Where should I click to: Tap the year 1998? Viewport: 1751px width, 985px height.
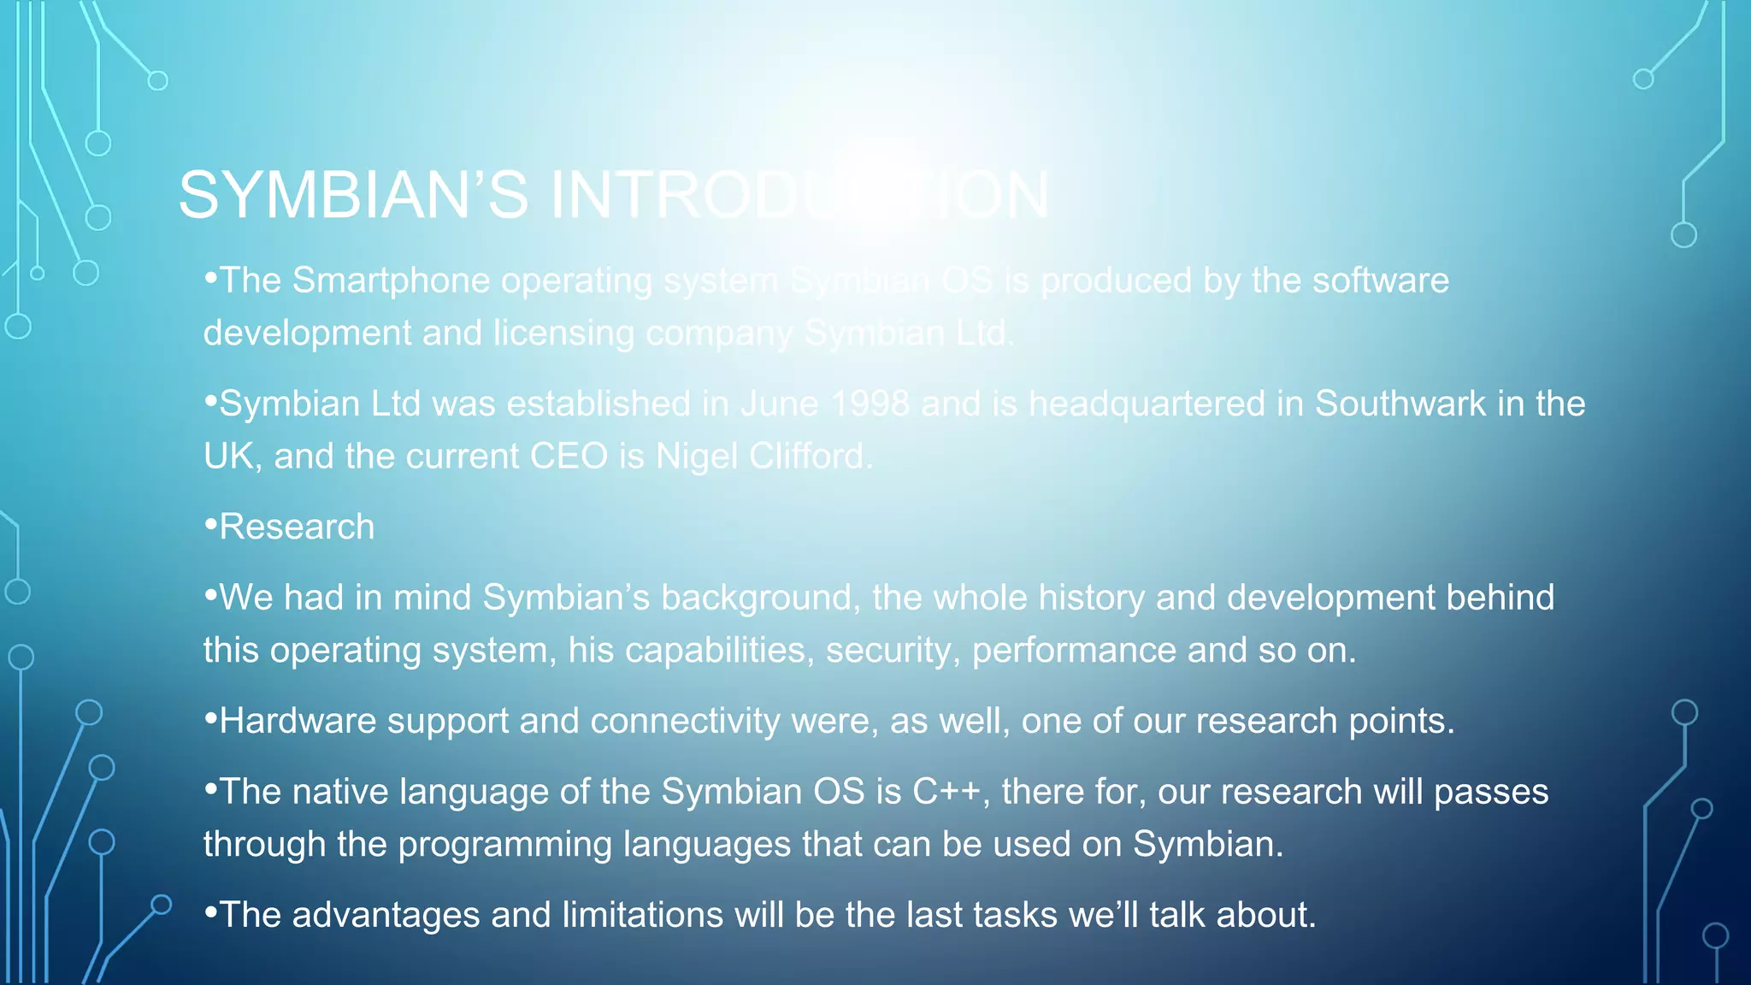pos(870,404)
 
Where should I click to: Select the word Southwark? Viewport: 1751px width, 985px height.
pos(1400,404)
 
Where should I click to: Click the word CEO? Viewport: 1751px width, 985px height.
pos(568,457)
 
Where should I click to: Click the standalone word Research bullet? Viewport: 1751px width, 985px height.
pos(297,528)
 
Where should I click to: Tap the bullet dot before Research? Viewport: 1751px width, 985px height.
pos(210,524)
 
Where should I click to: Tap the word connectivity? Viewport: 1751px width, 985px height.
pos(685,722)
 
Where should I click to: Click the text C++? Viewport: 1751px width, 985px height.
pos(946,793)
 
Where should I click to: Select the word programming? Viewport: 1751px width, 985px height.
pos(504,846)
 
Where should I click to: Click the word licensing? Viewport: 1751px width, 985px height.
pos(563,333)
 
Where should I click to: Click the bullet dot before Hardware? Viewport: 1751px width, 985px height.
pos(210,718)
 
